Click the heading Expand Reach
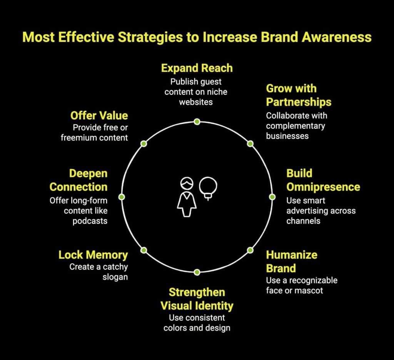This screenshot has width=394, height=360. [197, 68]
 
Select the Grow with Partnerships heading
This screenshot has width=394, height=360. [298, 95]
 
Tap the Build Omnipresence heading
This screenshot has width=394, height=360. [323, 180]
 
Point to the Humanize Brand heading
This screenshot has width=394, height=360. [291, 261]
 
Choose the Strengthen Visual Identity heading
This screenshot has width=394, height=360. [197, 299]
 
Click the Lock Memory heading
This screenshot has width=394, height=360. [93, 255]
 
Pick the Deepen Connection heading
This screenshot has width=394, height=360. [78, 180]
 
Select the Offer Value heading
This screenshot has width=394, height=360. [99, 115]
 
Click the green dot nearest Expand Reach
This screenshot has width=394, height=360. [197, 122]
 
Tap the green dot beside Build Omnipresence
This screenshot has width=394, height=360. [272, 197]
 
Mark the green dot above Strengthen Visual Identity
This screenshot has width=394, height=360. [197, 272]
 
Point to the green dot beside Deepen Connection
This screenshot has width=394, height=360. [122, 197]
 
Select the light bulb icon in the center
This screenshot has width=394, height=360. [208, 188]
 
